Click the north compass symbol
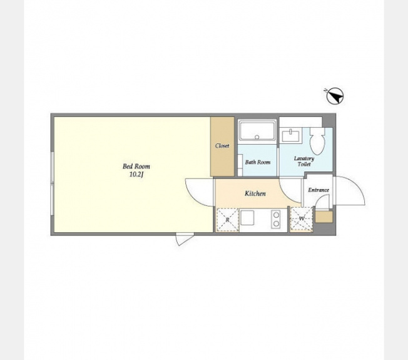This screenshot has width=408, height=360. click(335, 96)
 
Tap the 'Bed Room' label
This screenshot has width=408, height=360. click(136, 166)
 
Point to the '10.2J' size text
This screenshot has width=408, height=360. click(136, 175)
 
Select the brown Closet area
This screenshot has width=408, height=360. click(222, 147)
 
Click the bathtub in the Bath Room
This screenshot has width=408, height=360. click(257, 131)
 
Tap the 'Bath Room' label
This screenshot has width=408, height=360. click(258, 162)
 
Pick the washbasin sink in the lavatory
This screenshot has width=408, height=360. click(290, 135)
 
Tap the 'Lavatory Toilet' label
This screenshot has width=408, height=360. click(304, 161)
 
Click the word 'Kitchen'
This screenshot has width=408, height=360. click(255, 193)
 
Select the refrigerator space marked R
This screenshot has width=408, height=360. click(228, 220)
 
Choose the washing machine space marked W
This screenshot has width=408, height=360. click(302, 219)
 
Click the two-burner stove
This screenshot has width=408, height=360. click(276, 219)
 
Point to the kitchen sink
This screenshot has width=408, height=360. click(247, 218)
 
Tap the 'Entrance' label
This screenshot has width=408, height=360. click(319, 190)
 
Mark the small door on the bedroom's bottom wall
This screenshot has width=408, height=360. click(184, 239)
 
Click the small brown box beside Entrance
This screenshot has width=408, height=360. click(324, 217)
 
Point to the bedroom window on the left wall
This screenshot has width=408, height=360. click(53, 183)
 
